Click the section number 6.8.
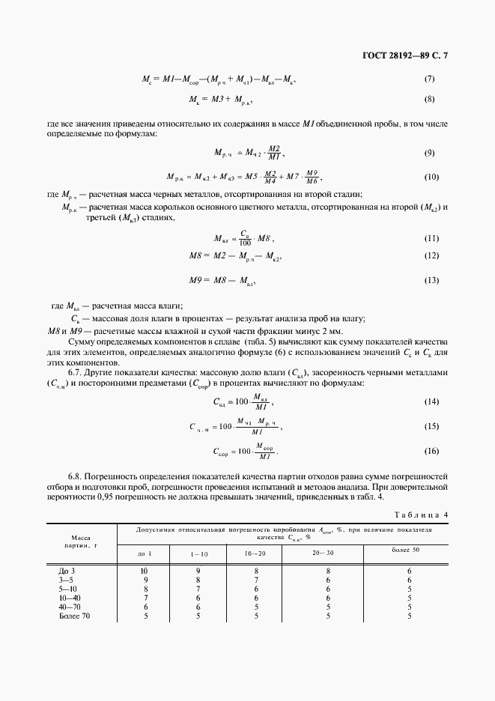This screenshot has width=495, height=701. click(76, 476)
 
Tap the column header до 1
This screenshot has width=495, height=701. click(145, 553)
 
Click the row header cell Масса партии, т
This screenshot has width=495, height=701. click(81, 541)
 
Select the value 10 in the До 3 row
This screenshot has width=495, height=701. click(145, 571)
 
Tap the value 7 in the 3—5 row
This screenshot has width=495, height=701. click(255, 580)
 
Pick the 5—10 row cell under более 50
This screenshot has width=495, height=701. click(410, 589)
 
